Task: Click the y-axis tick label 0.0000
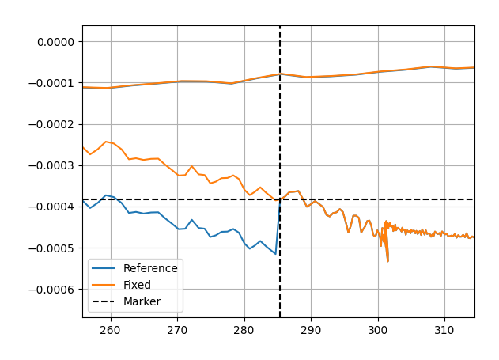coord(55,42)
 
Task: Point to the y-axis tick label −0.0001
coord(51,83)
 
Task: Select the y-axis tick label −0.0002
coord(51,124)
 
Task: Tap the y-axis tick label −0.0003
coord(51,165)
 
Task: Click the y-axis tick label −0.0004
coord(51,207)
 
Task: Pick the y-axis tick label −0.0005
coord(51,248)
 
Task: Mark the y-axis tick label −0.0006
coord(51,290)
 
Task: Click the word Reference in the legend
coord(150,268)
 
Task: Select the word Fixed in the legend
coord(137,285)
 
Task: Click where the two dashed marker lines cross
coord(280,199)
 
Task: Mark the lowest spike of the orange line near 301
coord(387,261)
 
